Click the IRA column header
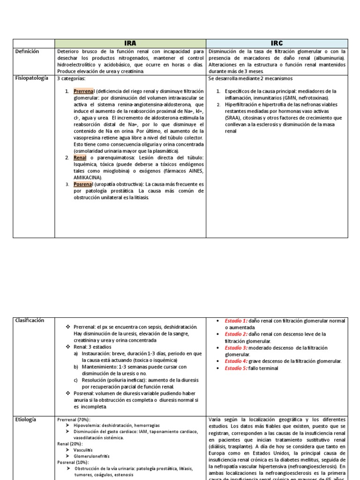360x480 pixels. (x=130, y=43)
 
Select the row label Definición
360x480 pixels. (x=27, y=52)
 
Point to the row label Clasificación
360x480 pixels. (x=29, y=320)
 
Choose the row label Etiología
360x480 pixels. (x=25, y=420)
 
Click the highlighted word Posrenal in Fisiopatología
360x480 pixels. (x=83, y=185)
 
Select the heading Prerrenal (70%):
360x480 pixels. (x=74, y=420)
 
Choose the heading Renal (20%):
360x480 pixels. (x=69, y=443)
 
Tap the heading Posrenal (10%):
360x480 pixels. (x=73, y=462)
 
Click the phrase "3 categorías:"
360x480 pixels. (x=72, y=79)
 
